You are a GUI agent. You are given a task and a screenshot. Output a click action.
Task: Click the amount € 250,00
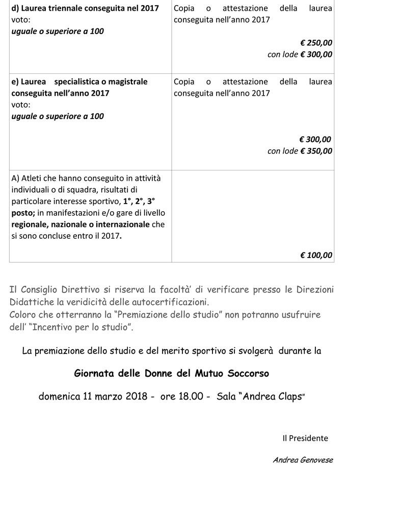pos(316,43)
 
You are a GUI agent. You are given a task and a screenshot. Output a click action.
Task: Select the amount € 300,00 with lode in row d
pos(316,54)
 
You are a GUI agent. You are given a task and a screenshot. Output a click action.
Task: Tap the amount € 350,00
pos(316,151)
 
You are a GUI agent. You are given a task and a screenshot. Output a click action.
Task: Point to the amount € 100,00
pos(316,256)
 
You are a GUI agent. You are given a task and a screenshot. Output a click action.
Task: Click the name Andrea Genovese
pos(303,460)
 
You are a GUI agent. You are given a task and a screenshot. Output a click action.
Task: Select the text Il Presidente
pos(305,438)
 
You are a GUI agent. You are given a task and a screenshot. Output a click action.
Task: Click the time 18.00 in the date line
pos(191,397)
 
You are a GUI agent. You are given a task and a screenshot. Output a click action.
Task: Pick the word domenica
pos(59,397)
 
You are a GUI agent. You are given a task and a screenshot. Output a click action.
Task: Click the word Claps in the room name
pos(287,397)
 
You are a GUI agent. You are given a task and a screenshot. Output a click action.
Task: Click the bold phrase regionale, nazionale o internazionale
pos(81,224)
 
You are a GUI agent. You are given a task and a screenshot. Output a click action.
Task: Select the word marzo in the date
pos(108,397)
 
